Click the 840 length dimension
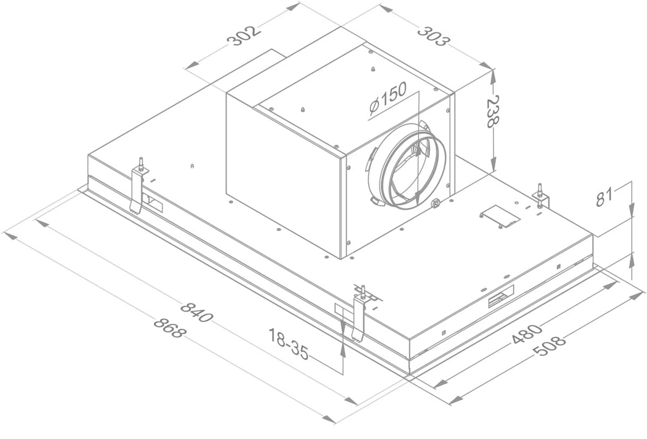[197, 312]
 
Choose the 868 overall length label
[170, 328]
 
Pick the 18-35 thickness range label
[288, 344]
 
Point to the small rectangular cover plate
[500, 216]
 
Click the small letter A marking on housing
[192, 166]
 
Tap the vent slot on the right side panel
[501, 299]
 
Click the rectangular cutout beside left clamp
[153, 202]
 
